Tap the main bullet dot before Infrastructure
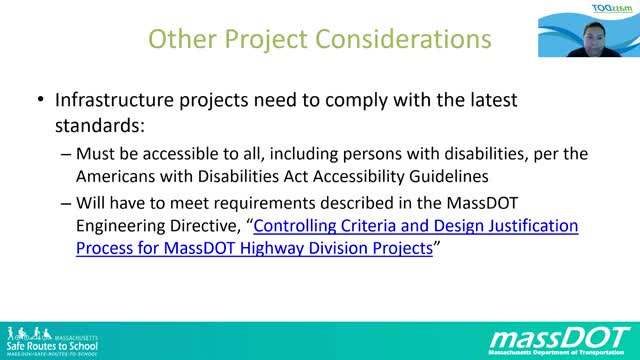(39, 101)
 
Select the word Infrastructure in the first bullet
(115, 101)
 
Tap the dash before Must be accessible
(66, 155)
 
